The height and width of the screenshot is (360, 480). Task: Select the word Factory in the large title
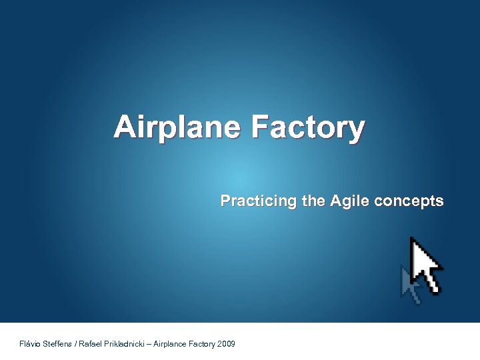(308, 127)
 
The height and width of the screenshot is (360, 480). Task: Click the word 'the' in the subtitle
(313, 201)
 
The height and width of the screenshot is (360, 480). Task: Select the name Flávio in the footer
(31, 344)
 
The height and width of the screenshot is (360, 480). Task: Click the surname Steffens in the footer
(59, 344)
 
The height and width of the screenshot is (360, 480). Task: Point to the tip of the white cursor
(411, 239)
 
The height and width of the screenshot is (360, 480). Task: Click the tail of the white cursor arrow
(434, 287)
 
